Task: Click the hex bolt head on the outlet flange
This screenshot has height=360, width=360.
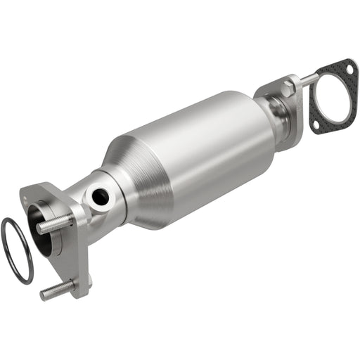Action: (x=288, y=87)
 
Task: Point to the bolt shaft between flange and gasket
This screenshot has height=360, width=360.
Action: (x=307, y=79)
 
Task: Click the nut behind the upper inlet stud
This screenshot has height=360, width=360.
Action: (x=70, y=219)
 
